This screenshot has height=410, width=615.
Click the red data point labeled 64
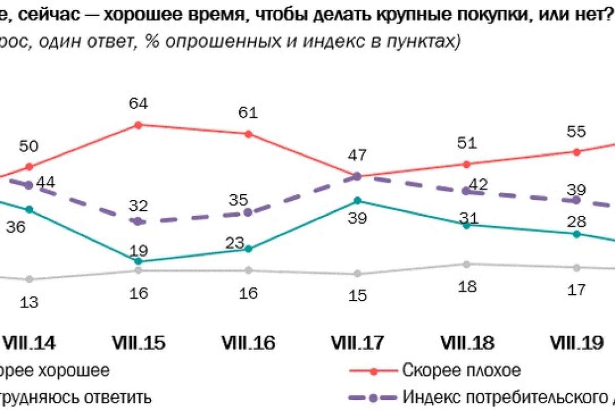click(138, 125)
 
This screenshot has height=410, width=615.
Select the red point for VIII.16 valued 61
click(248, 134)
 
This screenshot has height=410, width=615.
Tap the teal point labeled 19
click(138, 261)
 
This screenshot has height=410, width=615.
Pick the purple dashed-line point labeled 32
click(138, 221)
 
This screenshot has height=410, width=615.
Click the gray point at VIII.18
click(466, 264)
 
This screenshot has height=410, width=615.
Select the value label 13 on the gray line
click(29, 302)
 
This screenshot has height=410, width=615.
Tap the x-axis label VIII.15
click(138, 343)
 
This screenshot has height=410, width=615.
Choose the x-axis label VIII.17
click(357, 343)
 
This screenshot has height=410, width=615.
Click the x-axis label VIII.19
click(577, 343)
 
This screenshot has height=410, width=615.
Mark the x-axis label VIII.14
click(29, 343)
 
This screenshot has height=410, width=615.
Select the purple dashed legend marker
click(375, 397)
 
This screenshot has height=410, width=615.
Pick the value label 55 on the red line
click(577, 131)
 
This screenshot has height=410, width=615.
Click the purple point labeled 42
click(466, 191)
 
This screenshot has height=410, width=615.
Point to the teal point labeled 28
click(577, 234)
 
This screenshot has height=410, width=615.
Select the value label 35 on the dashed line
click(248, 199)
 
